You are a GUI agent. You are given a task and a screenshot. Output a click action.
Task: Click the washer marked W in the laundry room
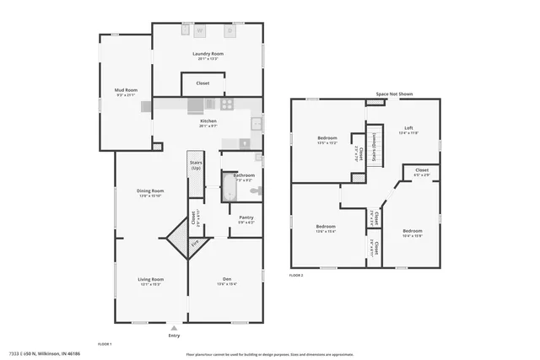pyautogui.click(x=200, y=31)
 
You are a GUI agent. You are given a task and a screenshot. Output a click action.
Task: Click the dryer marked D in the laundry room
pyautogui.click(x=229, y=31)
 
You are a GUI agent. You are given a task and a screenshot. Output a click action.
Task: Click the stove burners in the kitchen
pyautogui.click(x=226, y=105)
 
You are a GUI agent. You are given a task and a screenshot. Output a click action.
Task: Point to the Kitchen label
pyautogui.click(x=208, y=121)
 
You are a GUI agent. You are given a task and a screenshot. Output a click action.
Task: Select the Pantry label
pyautogui.click(x=246, y=218)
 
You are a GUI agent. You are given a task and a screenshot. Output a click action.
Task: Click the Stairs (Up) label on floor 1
pyautogui.click(x=196, y=164)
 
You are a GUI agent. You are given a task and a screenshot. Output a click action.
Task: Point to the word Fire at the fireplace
pyautogui.click(x=194, y=243)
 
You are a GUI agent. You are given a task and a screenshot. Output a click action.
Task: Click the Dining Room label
pyautogui.click(x=150, y=191)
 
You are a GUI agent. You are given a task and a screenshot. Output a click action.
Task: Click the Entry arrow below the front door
pyautogui.click(x=174, y=329)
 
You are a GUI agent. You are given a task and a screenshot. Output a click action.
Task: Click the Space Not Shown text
pyautogui.click(x=395, y=94)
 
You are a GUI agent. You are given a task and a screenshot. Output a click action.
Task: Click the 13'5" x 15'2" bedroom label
pyautogui.click(x=327, y=138)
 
